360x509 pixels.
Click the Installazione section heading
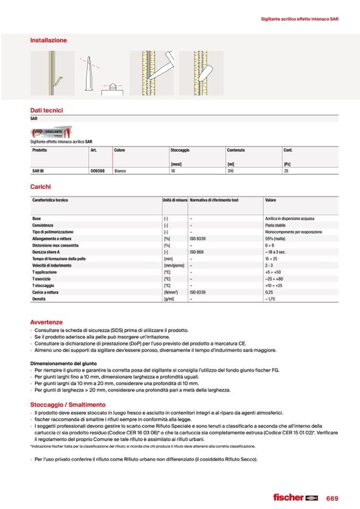[x=48, y=40]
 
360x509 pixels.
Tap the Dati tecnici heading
[x=47, y=110]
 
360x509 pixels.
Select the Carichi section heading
[x=40, y=187]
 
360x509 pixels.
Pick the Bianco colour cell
[x=120, y=171]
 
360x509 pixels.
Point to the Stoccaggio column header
[x=180, y=150]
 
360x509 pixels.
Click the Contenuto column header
[x=236, y=150]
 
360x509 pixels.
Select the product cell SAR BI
[x=38, y=171]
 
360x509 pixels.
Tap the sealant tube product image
[x=52, y=133]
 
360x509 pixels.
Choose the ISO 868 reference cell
[x=197, y=252]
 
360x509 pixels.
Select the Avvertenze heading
[x=46, y=322]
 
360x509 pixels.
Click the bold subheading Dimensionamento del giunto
[x=63, y=363]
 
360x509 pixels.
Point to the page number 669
[x=332, y=498]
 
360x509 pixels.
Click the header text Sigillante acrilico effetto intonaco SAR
[x=300, y=19]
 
